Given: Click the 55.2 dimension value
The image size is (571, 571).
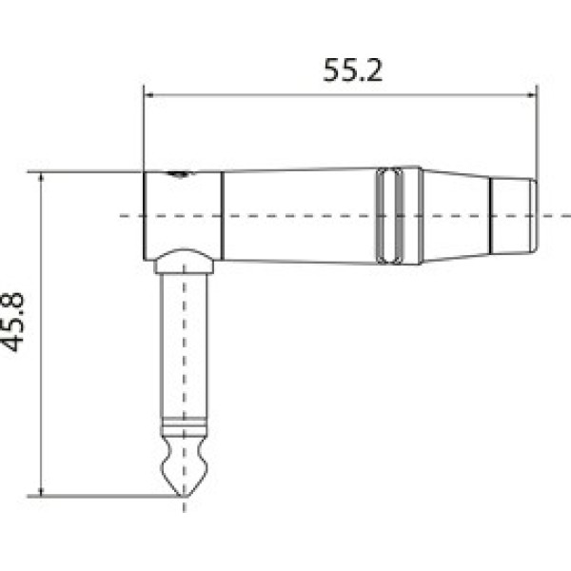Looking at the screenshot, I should (352, 72).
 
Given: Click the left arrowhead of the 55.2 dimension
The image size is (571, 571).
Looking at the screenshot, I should (148, 94).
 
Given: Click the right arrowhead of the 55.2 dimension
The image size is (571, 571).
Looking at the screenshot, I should (529, 94).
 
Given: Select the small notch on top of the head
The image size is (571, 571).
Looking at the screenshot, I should (178, 173).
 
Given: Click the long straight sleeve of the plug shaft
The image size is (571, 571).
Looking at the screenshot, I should (184, 343).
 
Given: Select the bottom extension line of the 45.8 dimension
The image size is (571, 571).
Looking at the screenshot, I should (95, 496).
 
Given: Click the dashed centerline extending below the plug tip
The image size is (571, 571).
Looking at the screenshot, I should (184, 506).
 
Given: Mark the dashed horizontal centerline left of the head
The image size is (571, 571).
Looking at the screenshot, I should (131, 215).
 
